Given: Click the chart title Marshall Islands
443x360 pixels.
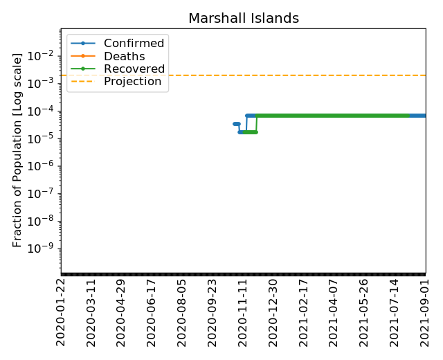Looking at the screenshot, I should click(244, 19).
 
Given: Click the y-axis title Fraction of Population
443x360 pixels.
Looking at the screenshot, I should click(18, 150).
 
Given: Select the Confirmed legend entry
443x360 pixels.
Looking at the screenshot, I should click(134, 44).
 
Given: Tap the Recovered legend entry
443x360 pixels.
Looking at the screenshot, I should click(134, 69).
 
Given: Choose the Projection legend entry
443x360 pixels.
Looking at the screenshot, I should click(132, 82).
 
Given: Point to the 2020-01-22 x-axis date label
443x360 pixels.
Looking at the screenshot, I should click(61, 312).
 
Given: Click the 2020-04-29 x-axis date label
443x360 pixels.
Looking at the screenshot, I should click(121, 312).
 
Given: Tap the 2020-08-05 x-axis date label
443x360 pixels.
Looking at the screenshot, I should click(182, 312).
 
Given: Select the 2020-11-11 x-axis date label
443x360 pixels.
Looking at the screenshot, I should click(243, 312).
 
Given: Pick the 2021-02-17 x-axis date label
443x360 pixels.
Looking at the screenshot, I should click(304, 312).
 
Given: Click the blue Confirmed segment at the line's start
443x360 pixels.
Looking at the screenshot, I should click(237, 124).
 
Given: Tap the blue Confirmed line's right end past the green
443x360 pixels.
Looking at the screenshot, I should click(418, 116).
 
